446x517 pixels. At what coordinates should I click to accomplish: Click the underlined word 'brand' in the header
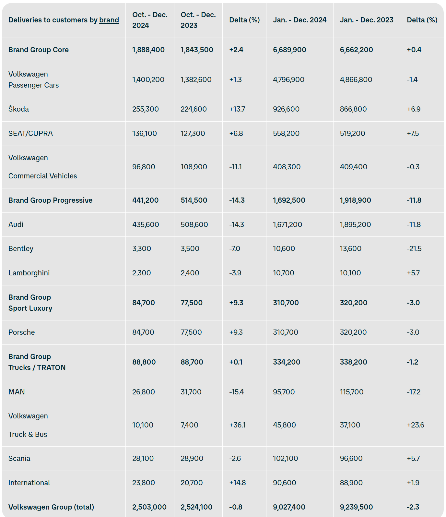click(109, 20)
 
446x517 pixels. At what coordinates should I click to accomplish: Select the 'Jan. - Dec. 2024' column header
click(299, 20)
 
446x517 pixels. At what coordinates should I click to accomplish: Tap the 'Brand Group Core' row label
click(39, 50)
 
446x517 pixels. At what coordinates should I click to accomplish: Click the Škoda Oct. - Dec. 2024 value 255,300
click(145, 109)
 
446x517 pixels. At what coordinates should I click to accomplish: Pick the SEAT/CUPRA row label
click(30, 133)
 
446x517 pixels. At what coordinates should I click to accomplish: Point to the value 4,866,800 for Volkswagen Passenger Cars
click(356, 79)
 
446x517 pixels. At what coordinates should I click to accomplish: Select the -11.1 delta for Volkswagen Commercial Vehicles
click(235, 167)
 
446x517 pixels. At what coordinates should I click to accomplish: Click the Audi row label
click(16, 224)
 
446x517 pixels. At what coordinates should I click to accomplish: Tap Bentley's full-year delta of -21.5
click(414, 248)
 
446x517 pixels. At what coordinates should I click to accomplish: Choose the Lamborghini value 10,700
click(283, 273)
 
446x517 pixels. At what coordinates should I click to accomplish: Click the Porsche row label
click(21, 332)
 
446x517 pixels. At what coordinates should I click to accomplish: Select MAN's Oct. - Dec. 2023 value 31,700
click(191, 392)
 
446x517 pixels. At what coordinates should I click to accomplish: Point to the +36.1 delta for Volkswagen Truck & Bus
click(237, 425)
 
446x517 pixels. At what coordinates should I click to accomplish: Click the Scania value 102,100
click(285, 458)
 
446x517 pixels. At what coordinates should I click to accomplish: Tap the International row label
click(29, 483)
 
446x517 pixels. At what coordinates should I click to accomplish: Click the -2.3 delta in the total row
click(413, 507)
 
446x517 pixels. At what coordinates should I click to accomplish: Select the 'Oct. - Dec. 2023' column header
click(198, 20)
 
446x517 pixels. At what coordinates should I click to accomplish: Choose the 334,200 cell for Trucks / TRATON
click(287, 362)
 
